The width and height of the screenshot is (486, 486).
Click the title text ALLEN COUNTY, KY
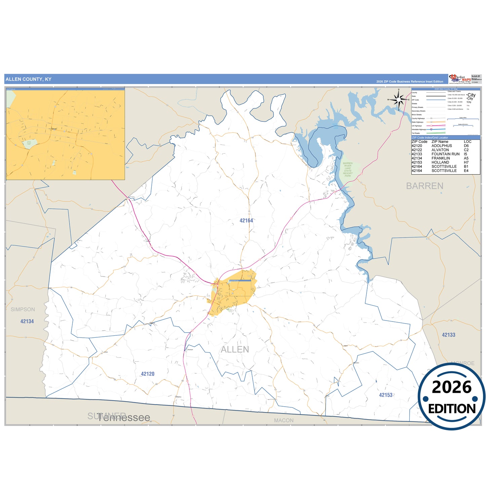pyautogui.click(x=29, y=79)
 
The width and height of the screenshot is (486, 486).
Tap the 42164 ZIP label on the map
pyautogui.click(x=246, y=221)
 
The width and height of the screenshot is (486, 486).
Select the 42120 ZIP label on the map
pyautogui.click(x=148, y=374)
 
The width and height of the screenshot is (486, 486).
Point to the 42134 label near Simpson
pyautogui.click(x=27, y=322)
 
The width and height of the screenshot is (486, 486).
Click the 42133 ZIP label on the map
pyautogui.click(x=448, y=335)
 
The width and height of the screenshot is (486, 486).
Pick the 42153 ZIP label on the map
pyautogui.click(x=386, y=395)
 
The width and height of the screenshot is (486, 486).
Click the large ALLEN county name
pyautogui.click(x=235, y=350)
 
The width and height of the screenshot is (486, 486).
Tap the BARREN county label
pyautogui.click(x=424, y=186)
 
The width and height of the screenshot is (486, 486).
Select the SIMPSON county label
pyautogui.click(x=23, y=309)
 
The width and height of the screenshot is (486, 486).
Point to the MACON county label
pyautogui.click(x=284, y=420)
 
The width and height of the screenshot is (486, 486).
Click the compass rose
pyautogui.click(x=399, y=100)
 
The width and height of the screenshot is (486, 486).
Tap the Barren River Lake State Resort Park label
pyautogui.click(x=348, y=170)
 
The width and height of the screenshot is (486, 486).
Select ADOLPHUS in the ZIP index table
pyautogui.click(x=442, y=146)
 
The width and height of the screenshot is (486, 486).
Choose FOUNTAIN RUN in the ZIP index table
pyautogui.click(x=445, y=154)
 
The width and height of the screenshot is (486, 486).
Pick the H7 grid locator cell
pyautogui.click(x=466, y=162)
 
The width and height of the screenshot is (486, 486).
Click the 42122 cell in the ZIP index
pyautogui.click(x=417, y=150)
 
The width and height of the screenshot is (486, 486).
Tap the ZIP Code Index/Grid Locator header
pyautogui.click(x=430, y=138)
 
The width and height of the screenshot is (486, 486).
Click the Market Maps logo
pyautogui.click(x=459, y=79)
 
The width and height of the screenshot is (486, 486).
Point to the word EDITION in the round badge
pyautogui.click(x=452, y=409)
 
